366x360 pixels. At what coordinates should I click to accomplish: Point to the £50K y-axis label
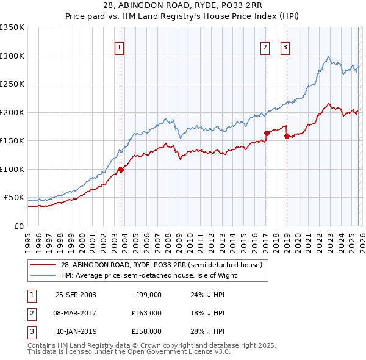(14, 198)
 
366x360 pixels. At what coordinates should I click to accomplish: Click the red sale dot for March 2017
(267, 133)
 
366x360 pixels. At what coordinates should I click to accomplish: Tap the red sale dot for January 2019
(286, 136)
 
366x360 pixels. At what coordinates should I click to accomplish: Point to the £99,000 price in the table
(149, 295)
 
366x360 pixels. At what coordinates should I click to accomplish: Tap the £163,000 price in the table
(147, 313)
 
